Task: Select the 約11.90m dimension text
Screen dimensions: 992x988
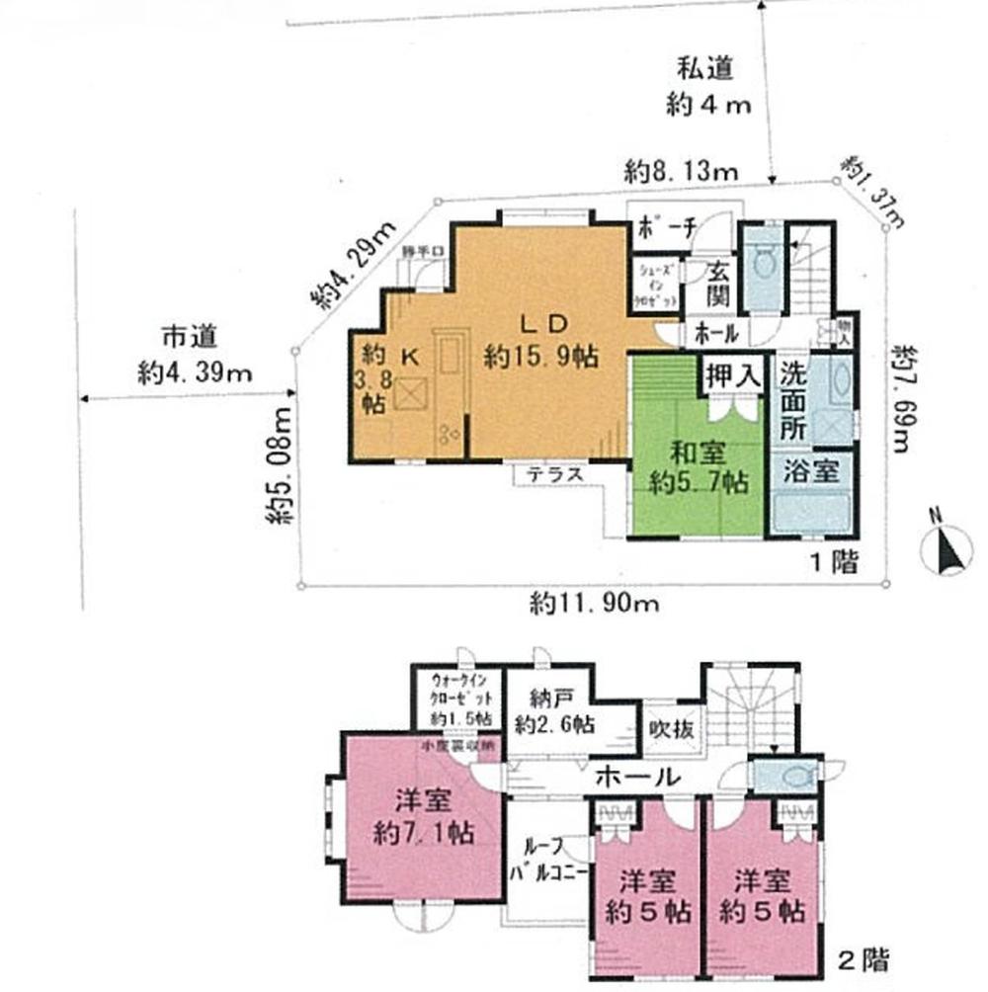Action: tap(593, 604)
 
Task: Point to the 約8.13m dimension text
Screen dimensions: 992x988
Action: tap(682, 170)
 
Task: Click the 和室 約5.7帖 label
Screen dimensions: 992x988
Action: tap(699, 468)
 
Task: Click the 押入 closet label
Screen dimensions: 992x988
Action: tap(731, 375)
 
